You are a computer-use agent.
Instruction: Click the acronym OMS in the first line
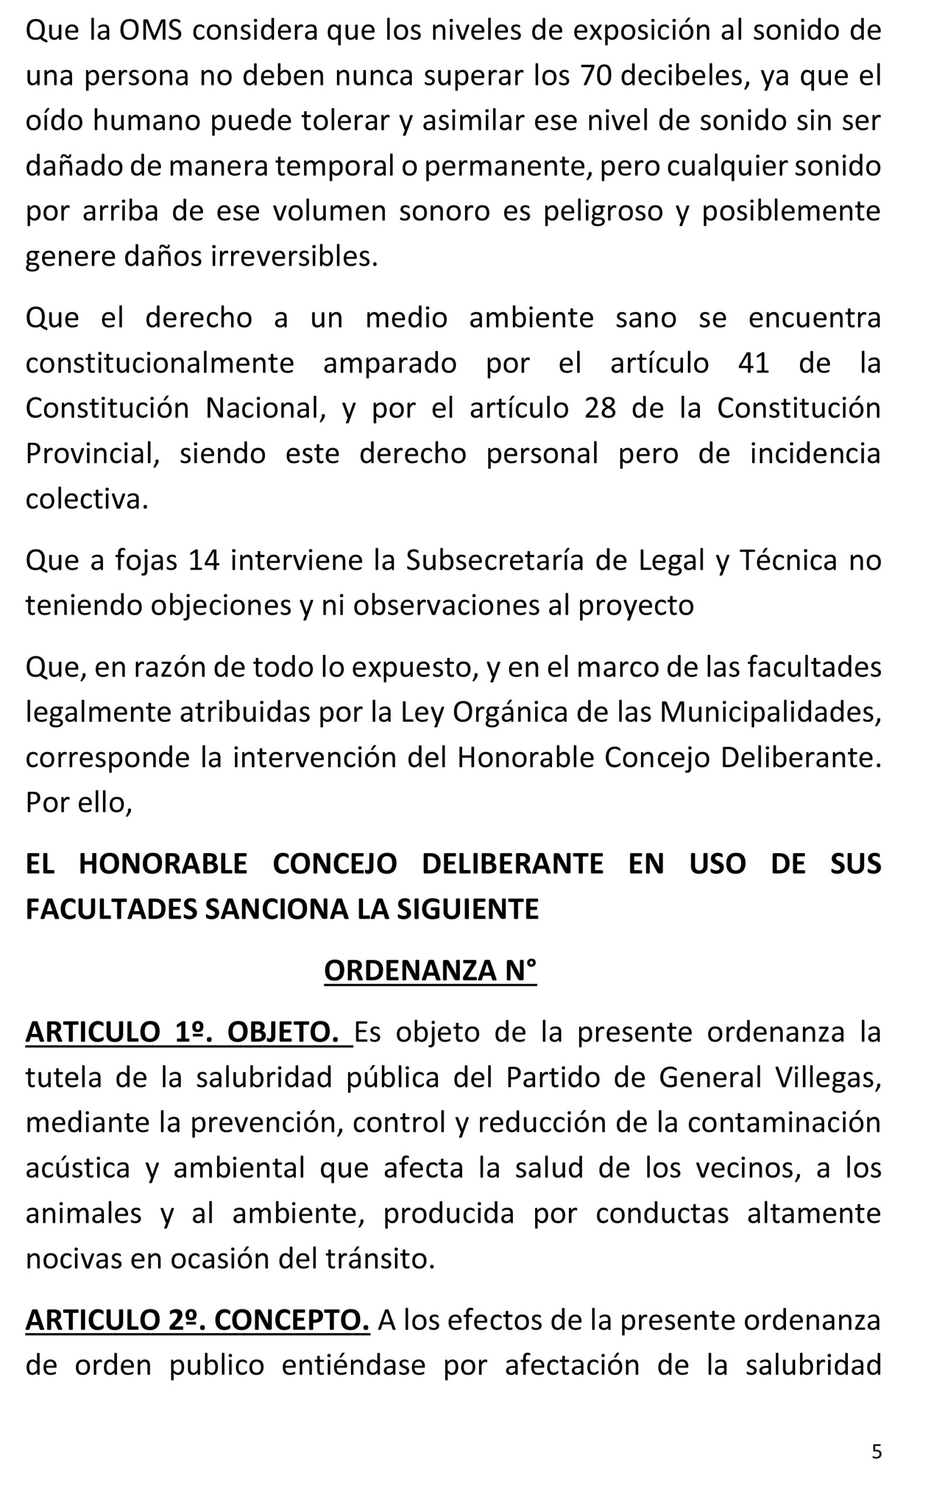[150, 31]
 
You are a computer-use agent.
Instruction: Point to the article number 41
[754, 363]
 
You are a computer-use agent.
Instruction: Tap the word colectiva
[87, 499]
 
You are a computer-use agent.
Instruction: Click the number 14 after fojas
[204, 560]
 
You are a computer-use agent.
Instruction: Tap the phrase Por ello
[79, 803]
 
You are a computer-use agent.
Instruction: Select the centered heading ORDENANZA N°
[430, 971]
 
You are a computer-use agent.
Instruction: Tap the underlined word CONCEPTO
[292, 1320]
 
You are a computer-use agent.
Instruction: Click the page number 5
[877, 1452]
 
